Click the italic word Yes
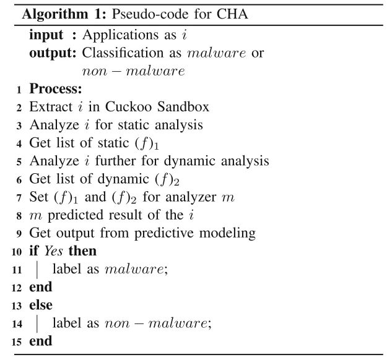point(50,252)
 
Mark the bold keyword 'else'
point(41,304)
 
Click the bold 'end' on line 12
point(41,286)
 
